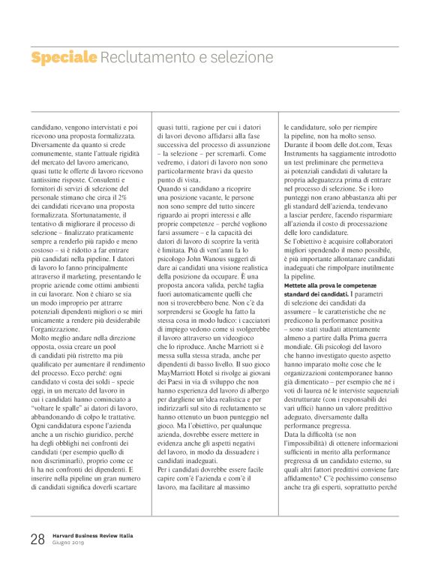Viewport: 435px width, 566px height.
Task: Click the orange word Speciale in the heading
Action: [x=64, y=57]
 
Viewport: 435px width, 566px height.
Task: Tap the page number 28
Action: [x=37, y=538]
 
